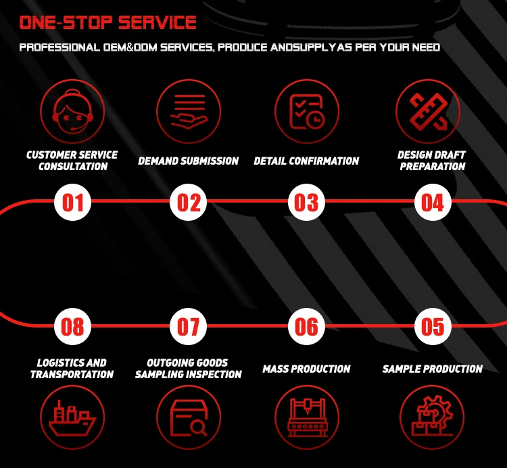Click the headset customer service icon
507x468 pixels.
tap(73, 111)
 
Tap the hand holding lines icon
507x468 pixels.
tap(189, 111)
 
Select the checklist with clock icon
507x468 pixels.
tap(307, 111)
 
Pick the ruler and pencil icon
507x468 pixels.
tap(428, 111)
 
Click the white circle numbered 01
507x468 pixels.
tap(73, 202)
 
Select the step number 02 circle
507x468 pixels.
tap(189, 202)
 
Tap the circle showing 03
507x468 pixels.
tap(307, 202)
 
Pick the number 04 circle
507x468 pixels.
tap(432, 202)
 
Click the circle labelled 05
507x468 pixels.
tap(432, 326)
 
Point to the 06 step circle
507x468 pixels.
tap(307, 326)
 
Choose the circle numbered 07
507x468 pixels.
tap(189, 326)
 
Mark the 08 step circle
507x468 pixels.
tap(73, 326)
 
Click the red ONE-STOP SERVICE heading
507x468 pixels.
tap(108, 23)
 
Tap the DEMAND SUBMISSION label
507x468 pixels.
tap(189, 161)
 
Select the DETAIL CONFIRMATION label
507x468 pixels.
tap(306, 161)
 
